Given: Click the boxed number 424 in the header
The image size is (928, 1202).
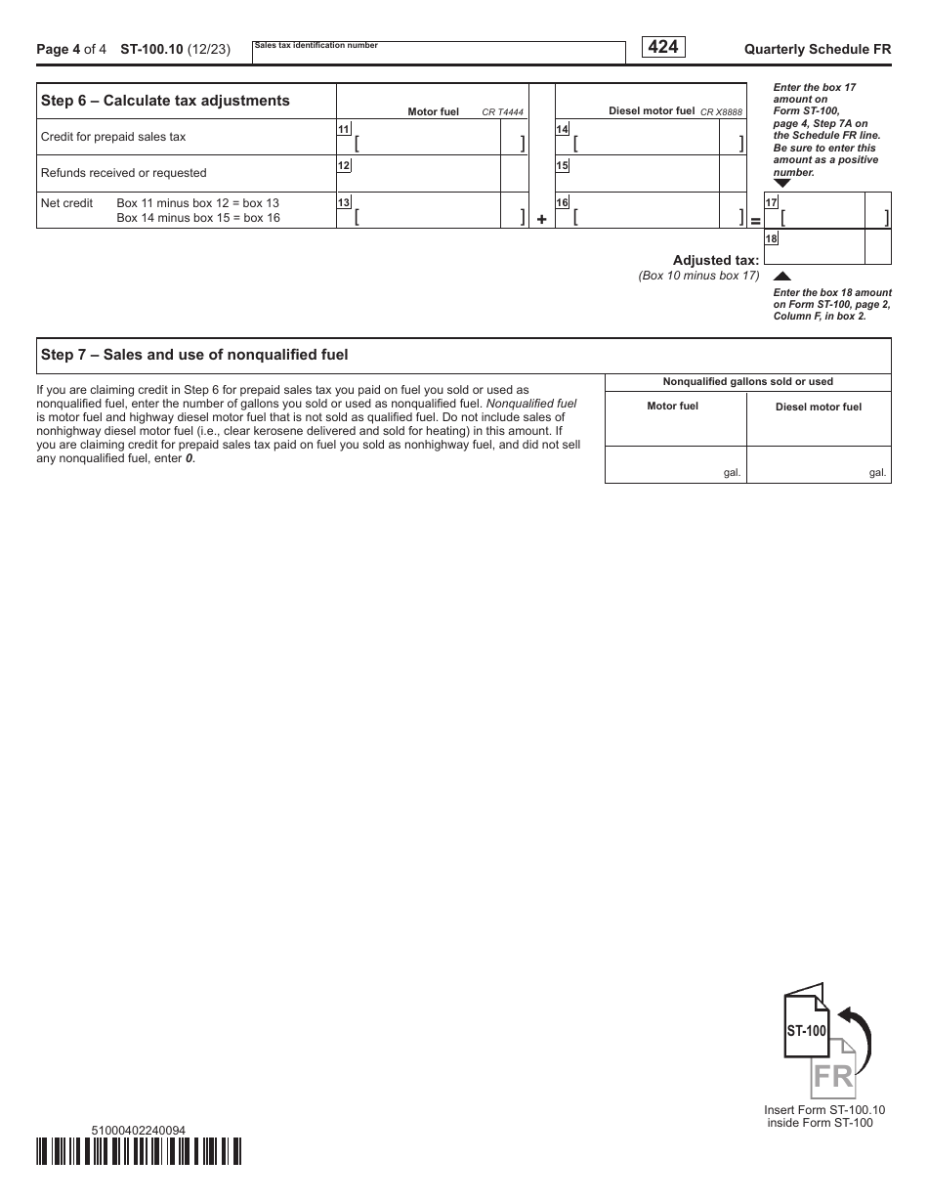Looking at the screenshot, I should pos(662,47).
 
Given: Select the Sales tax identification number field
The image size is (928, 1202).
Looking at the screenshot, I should pos(439,55).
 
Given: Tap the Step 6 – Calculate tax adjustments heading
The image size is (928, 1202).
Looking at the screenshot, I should pos(165,101).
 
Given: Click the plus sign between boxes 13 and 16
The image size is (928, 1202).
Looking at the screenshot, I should pos(542,220).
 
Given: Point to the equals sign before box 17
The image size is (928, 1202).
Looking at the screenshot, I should pos(755,221).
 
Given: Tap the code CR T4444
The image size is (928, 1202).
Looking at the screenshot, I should pos(503,112).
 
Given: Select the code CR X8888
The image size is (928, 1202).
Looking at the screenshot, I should pos(721,112).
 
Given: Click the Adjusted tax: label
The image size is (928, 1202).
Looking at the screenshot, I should pos(715,260).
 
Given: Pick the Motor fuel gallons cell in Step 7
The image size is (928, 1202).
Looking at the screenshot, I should pos(675,465).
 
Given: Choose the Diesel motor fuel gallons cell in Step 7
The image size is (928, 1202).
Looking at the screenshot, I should pos(819,465).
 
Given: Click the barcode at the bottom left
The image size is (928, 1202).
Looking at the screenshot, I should pos(139,1151).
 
